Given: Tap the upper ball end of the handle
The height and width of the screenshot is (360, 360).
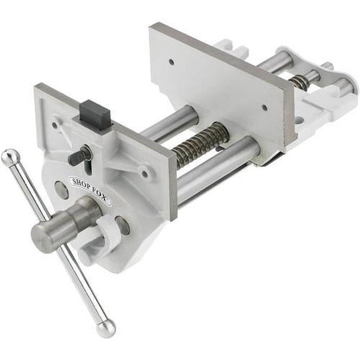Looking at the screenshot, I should click(x=9, y=157).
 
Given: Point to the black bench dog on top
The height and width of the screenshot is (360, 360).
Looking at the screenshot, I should click(x=94, y=115).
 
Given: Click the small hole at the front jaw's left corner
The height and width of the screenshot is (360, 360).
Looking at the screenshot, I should click(x=54, y=124).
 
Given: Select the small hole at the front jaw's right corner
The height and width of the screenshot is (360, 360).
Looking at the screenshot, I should click(x=146, y=174).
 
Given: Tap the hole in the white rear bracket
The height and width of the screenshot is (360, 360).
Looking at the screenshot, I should click(x=299, y=119).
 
